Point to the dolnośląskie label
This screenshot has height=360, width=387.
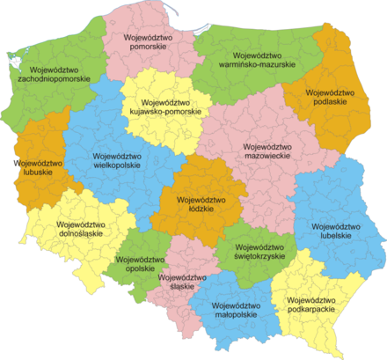tap(63, 234)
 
